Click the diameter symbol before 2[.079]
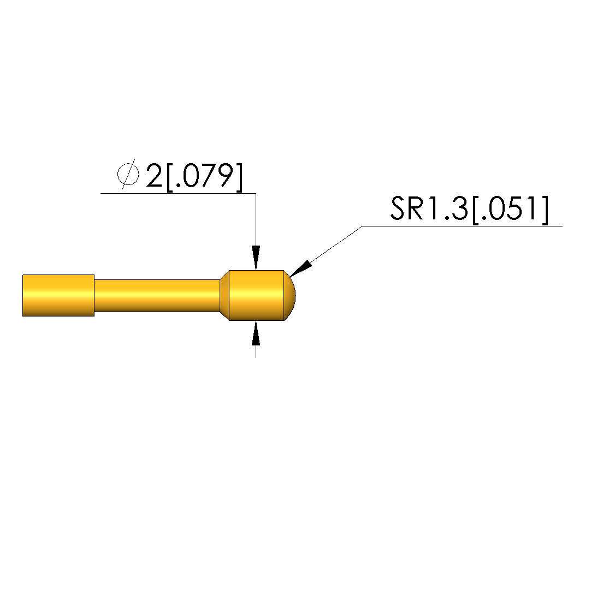(128, 175)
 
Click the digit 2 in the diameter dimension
(154, 176)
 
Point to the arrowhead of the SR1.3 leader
(302, 268)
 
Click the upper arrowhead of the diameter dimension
(256, 258)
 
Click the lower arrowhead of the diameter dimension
(256, 333)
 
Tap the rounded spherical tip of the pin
(289, 296)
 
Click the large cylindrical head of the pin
(257, 296)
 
